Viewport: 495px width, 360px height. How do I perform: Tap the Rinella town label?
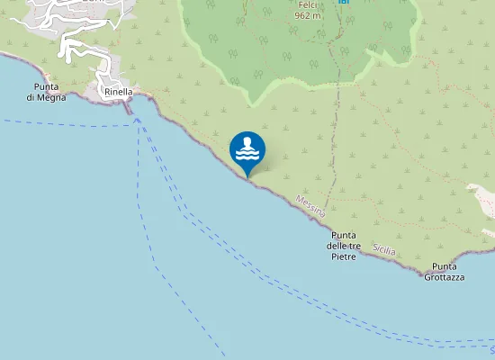pyautogui.click(x=118, y=92)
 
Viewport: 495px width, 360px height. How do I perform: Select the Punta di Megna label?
pyautogui.click(x=42, y=92)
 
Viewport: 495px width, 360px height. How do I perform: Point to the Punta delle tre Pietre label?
pyautogui.click(x=344, y=246)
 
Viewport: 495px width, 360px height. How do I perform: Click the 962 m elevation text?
pyautogui.click(x=309, y=15)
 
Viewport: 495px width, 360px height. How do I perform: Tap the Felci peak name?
pyautogui.click(x=309, y=4)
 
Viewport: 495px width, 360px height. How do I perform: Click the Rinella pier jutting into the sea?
pyautogui.click(x=130, y=108)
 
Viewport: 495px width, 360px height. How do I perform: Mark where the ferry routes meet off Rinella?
pyautogui.click(x=138, y=119)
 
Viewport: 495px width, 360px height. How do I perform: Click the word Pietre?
pyautogui.click(x=344, y=256)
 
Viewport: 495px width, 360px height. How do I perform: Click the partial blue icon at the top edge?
pyautogui.click(x=343, y=3)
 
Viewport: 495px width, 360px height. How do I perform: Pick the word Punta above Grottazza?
pyautogui.click(x=445, y=266)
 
